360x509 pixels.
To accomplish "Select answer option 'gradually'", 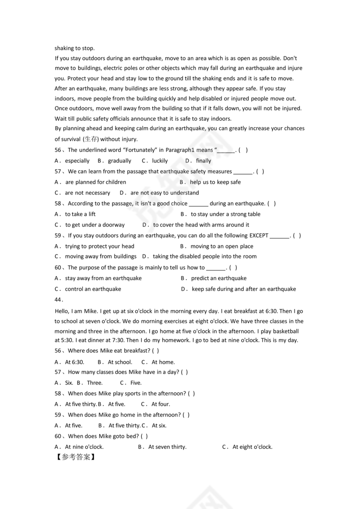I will click(119, 161).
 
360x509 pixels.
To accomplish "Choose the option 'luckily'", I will click(160, 161).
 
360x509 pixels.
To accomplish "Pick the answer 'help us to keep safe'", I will click(215, 182).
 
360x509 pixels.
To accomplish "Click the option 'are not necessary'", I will click(87, 193).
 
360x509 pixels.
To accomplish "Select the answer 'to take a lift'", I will click(80, 214).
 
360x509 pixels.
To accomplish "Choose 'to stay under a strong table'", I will click(226, 214).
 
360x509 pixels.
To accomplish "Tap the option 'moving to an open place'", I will click(222, 246).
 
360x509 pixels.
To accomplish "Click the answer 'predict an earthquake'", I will click(219, 278).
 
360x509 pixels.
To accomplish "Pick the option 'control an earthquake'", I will click(93, 289).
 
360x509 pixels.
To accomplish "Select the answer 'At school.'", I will click(120, 362).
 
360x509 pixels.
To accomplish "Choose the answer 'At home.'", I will click(163, 362).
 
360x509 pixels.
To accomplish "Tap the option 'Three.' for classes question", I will click(95, 383).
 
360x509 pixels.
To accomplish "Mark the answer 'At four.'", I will click(160, 404).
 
